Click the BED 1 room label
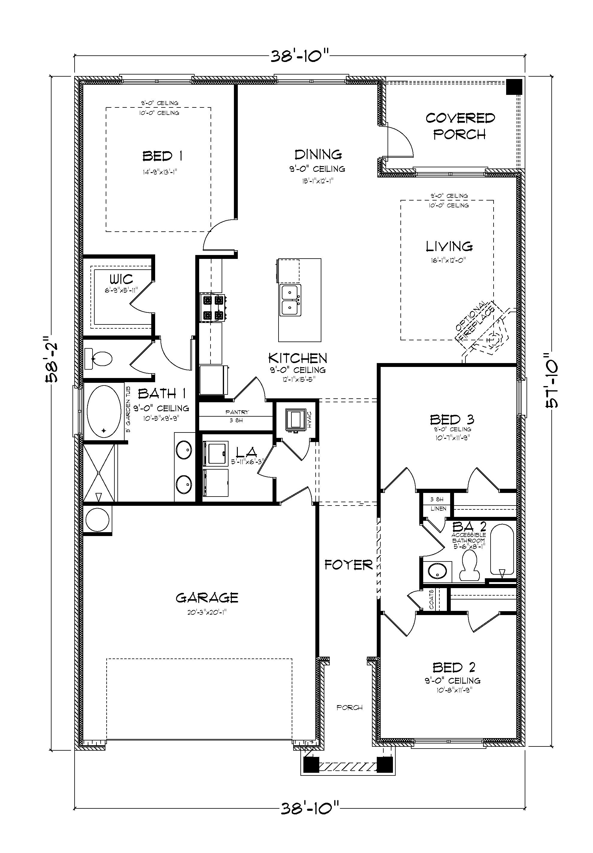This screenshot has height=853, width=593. click(162, 156)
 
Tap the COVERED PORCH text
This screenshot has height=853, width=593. click(460, 126)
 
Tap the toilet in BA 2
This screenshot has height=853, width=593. click(468, 565)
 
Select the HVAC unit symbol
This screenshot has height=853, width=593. click(296, 420)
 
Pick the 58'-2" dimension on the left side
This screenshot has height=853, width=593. click(51, 359)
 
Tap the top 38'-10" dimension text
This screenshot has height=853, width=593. click(299, 57)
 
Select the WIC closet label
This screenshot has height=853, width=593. click(121, 279)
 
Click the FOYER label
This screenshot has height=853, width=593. click(348, 565)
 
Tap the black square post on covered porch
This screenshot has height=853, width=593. click(515, 87)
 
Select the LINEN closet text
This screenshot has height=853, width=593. click(438, 509)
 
